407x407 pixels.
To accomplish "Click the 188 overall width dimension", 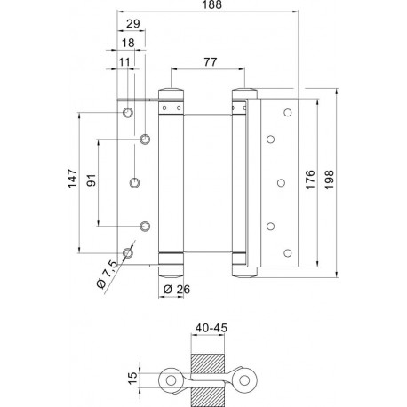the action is tap(212, 4).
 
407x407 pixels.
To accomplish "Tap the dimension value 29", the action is tap(133, 24).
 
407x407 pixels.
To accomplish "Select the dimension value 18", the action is tap(128, 43).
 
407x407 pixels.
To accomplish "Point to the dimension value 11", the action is tap(124, 62).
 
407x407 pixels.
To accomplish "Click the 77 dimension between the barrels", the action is tap(211, 62).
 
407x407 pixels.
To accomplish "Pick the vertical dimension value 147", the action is tap(72, 179).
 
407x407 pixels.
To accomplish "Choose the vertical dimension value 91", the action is tap(92, 180).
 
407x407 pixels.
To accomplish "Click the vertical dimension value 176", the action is tap(310, 180).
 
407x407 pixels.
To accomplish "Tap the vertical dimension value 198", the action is tap(329, 180).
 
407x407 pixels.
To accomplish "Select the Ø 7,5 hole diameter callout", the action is tap(107, 274).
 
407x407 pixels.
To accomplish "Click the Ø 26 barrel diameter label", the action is tap(177, 289).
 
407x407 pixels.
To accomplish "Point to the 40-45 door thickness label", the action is tap(211, 328).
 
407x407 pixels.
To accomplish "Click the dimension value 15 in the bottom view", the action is tap(133, 379).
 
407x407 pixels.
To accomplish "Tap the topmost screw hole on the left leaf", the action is tap(128, 113).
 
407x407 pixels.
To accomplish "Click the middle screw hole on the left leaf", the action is tap(135, 183).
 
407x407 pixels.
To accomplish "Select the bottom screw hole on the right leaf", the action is tap(288, 253).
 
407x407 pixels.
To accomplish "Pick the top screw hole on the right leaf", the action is tap(288, 113).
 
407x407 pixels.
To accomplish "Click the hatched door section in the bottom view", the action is tap(208, 380).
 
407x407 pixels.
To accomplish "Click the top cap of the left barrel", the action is tap(171, 93).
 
